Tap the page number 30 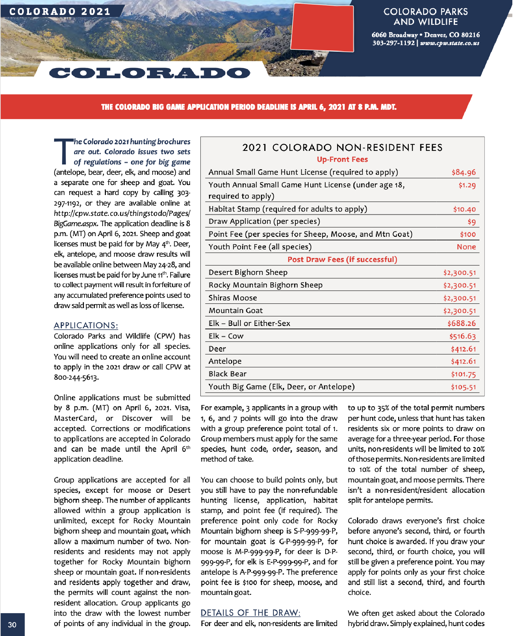coord(12,625)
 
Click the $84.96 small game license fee coord(463,172)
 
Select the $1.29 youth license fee coord(467,185)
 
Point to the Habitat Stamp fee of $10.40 coord(464,209)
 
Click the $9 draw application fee coord(472,222)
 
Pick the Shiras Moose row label coord(233,298)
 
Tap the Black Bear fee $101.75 coord(463,374)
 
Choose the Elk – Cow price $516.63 coord(462,336)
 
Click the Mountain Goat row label coord(236,311)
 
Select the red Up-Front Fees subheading coord(342,159)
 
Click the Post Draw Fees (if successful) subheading coord(342,260)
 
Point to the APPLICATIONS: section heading coord(86,325)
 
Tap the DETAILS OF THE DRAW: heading coord(251,613)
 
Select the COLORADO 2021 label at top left coord(60,12)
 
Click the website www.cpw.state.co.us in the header coord(449,43)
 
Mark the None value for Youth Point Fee coord(466,247)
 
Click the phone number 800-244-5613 coord(76,377)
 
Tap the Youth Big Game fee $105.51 coord(463,387)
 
